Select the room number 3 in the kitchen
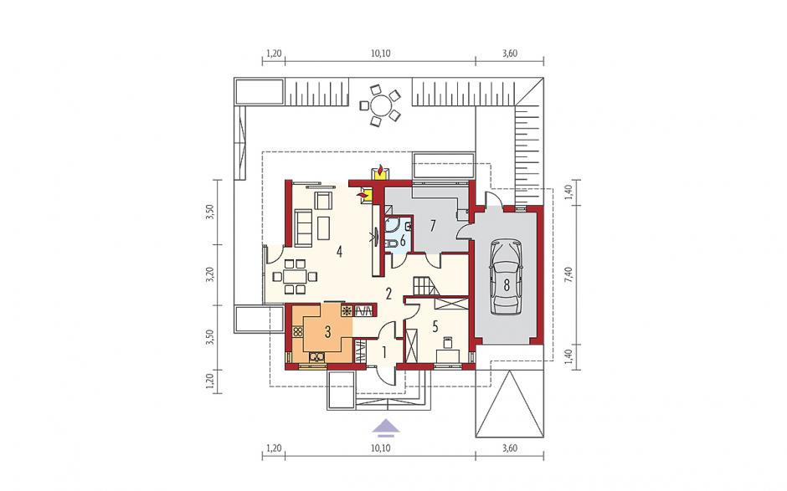tap(327, 331)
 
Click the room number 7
tap(432, 226)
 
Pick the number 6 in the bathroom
tap(403, 239)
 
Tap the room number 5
tap(435, 326)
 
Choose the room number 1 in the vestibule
tap(384, 353)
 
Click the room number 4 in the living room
tap(339, 251)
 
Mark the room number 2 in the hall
tap(388, 294)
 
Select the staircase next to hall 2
tap(425, 287)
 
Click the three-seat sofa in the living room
tap(303, 228)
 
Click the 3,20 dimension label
tap(211, 275)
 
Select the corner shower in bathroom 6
tap(392, 224)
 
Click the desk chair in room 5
tap(447, 342)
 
